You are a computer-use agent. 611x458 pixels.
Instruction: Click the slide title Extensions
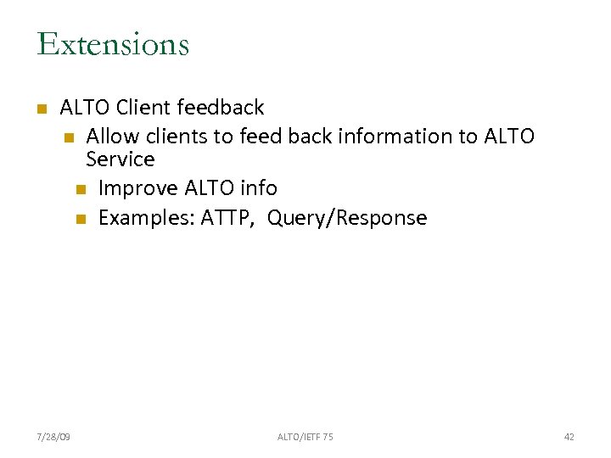click(x=113, y=44)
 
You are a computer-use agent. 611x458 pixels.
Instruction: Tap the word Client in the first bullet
click(x=143, y=108)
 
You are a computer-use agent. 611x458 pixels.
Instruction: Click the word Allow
click(x=113, y=136)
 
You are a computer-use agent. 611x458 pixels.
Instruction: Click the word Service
click(x=121, y=159)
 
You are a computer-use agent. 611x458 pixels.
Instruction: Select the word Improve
click(x=137, y=188)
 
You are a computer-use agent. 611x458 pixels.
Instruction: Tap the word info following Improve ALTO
click(x=258, y=188)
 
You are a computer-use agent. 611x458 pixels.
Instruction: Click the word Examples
click(x=146, y=218)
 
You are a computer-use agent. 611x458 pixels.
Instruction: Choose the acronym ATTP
click(x=229, y=218)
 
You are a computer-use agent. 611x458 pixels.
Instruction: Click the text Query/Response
click(x=347, y=218)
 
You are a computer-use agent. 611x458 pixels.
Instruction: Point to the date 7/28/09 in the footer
click(x=53, y=437)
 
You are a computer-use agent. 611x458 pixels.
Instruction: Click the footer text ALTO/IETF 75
click(x=305, y=437)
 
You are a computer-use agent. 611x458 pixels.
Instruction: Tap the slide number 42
click(x=569, y=437)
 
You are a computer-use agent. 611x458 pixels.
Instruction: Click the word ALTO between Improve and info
click(x=208, y=188)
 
